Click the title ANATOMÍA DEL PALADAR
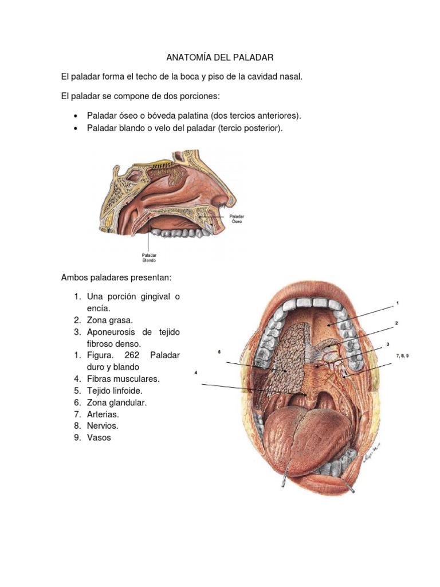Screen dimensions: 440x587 220,57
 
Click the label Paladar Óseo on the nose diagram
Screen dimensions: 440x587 237,218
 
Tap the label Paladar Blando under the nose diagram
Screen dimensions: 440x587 149,257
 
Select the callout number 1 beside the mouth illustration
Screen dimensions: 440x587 396,302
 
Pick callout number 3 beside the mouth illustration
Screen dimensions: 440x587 388,344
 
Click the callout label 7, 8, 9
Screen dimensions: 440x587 402,356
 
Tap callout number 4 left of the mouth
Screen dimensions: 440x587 196,373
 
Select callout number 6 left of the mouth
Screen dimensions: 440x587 219,352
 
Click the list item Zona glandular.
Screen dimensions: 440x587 117,402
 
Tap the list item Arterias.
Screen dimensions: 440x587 103,414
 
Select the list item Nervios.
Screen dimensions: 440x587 103,426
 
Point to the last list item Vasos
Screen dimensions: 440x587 99,437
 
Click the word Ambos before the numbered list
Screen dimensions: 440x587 74,277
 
